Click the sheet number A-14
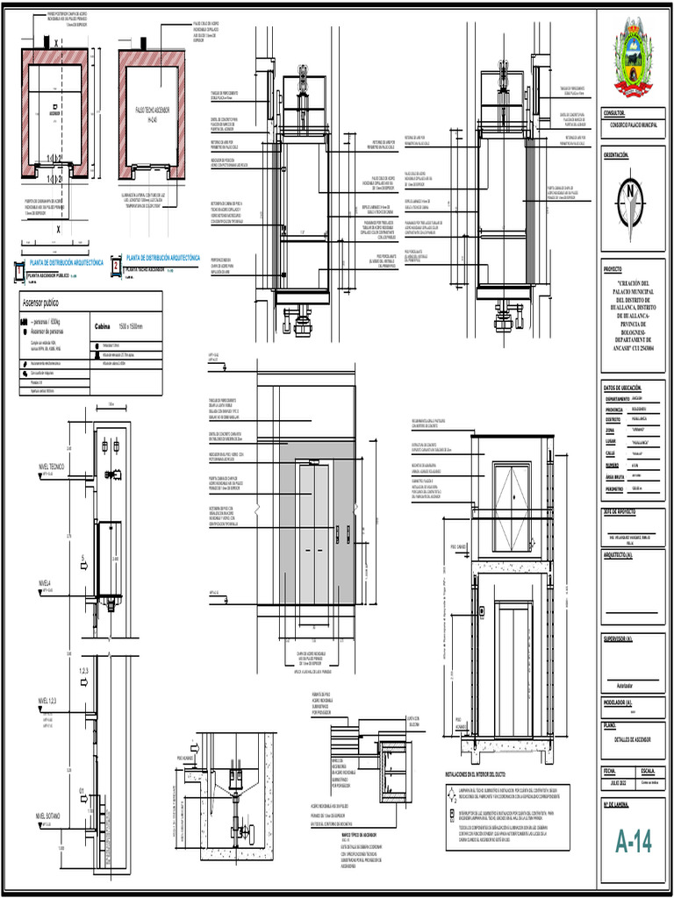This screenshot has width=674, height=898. tap(634, 843)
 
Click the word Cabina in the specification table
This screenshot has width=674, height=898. tap(104, 325)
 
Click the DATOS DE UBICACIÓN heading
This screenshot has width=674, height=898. tap(623, 388)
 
